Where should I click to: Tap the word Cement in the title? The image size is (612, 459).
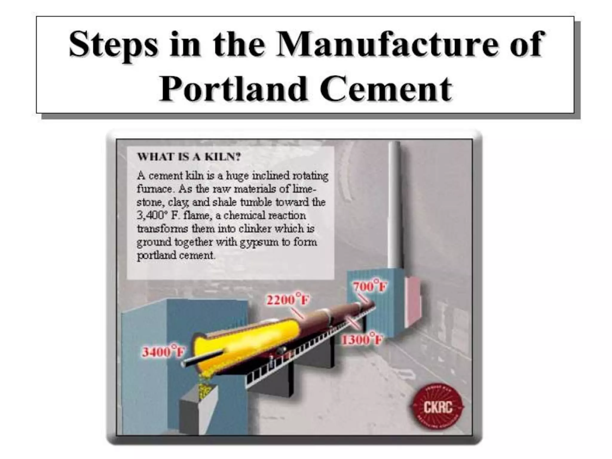click(385, 89)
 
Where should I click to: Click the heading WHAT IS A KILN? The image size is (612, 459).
click(189, 157)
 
